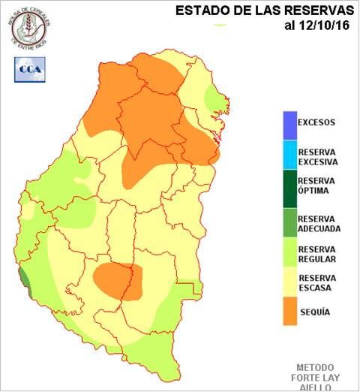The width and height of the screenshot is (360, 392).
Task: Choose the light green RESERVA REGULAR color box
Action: click(x=289, y=255)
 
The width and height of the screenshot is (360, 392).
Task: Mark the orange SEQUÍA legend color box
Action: click(x=289, y=311)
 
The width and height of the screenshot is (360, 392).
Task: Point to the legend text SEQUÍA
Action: click(x=313, y=311)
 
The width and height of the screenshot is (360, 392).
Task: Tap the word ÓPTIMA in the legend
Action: click(x=315, y=191)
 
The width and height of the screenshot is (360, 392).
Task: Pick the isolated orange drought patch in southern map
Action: click(x=117, y=280)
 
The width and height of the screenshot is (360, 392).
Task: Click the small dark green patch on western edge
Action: click(x=25, y=282)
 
